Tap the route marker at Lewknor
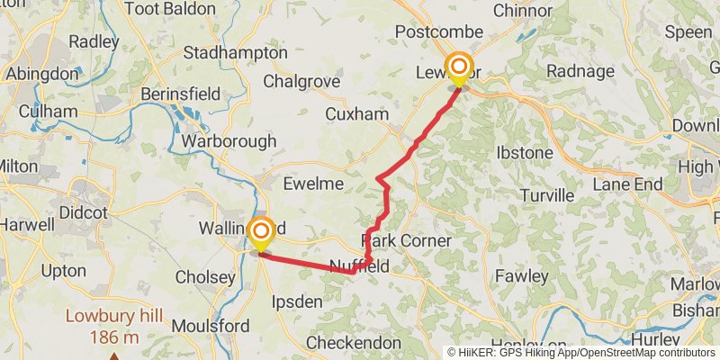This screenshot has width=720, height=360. (459, 67)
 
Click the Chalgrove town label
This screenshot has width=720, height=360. (301, 81)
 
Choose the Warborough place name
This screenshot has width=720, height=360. (229, 141)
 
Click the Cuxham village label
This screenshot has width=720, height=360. (357, 114)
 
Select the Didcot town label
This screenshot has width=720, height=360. (83, 212)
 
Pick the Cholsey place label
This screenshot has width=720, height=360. (205, 277)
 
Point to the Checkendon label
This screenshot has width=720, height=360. (354, 343)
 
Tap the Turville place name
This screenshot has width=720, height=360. (547, 195)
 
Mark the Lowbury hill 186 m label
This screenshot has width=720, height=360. (113, 326)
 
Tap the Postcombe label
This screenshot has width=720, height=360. (440, 33)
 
